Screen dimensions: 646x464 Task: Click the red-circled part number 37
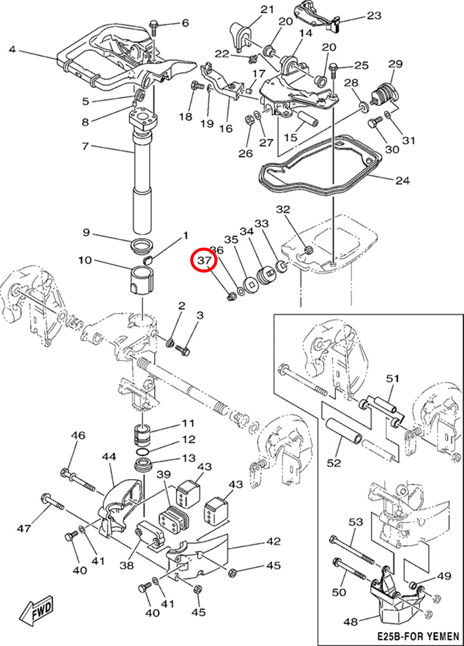(204, 262)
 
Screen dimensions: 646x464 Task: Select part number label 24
(402, 181)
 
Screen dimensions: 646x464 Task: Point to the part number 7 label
(85, 146)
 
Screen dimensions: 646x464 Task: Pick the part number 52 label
(333, 463)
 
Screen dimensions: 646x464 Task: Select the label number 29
(395, 63)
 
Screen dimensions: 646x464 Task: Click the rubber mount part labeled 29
(384, 94)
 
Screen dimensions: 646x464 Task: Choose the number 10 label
(85, 260)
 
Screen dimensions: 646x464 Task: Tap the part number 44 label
(110, 457)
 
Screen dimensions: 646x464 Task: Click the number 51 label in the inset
(393, 379)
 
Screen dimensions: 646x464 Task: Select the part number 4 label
(13, 49)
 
